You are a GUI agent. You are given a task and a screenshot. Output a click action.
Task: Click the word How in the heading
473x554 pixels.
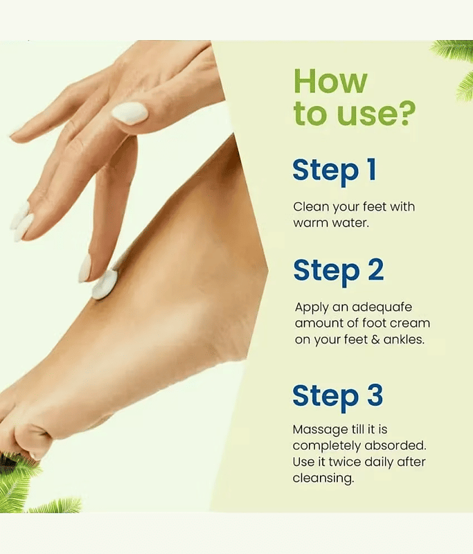coord(330,81)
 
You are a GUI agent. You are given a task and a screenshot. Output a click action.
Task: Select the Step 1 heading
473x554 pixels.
coord(334,171)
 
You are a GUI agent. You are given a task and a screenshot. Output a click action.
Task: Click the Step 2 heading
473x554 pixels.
coord(339,271)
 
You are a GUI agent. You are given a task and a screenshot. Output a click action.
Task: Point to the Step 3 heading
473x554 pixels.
coord(338,396)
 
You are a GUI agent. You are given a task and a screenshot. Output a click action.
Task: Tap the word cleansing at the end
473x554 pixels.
coord(323,479)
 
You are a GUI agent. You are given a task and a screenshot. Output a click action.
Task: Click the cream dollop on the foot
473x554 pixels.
coord(105,285)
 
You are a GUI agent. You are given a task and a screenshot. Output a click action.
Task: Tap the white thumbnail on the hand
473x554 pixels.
coord(130,113)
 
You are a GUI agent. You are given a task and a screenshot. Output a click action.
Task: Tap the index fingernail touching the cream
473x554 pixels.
coord(84,268)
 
